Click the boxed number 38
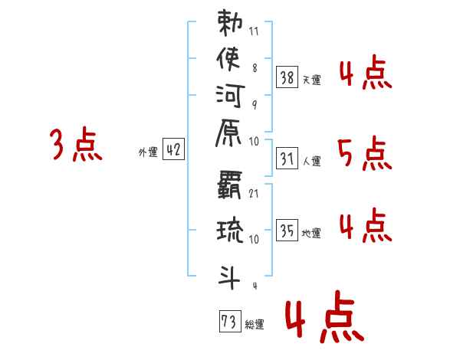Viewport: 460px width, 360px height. pos(287,77)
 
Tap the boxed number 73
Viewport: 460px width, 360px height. pos(229,321)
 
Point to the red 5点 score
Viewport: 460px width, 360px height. pos(364,155)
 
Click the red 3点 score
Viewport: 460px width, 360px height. pos(76,146)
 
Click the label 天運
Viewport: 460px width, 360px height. pos(311,80)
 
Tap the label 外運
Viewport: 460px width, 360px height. pos(148,152)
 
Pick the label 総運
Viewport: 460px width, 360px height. pos(255,325)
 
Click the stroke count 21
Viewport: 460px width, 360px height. pos(254,191)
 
